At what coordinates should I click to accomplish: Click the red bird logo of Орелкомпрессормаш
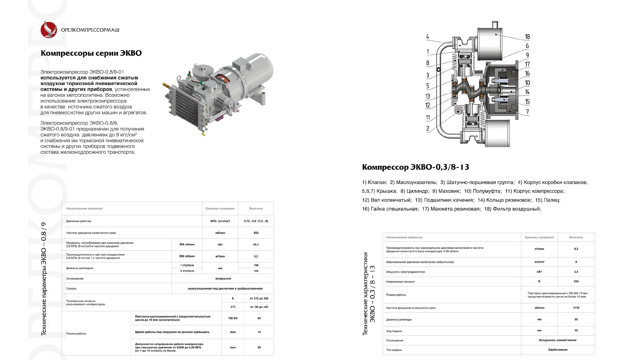[x=49, y=29]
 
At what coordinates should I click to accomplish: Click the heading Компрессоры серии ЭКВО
[x=91, y=53]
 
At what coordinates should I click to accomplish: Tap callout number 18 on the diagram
[x=527, y=37]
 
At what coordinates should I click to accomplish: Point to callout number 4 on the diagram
[x=428, y=37]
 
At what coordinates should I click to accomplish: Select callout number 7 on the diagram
[x=527, y=112]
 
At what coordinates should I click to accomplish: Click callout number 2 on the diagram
[x=428, y=128]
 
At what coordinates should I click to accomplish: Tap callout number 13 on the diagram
[x=428, y=96]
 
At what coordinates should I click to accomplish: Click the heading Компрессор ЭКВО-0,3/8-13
[x=415, y=167]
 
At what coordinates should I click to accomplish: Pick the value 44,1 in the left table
[x=256, y=245]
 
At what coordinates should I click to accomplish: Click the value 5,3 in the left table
[x=256, y=256]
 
